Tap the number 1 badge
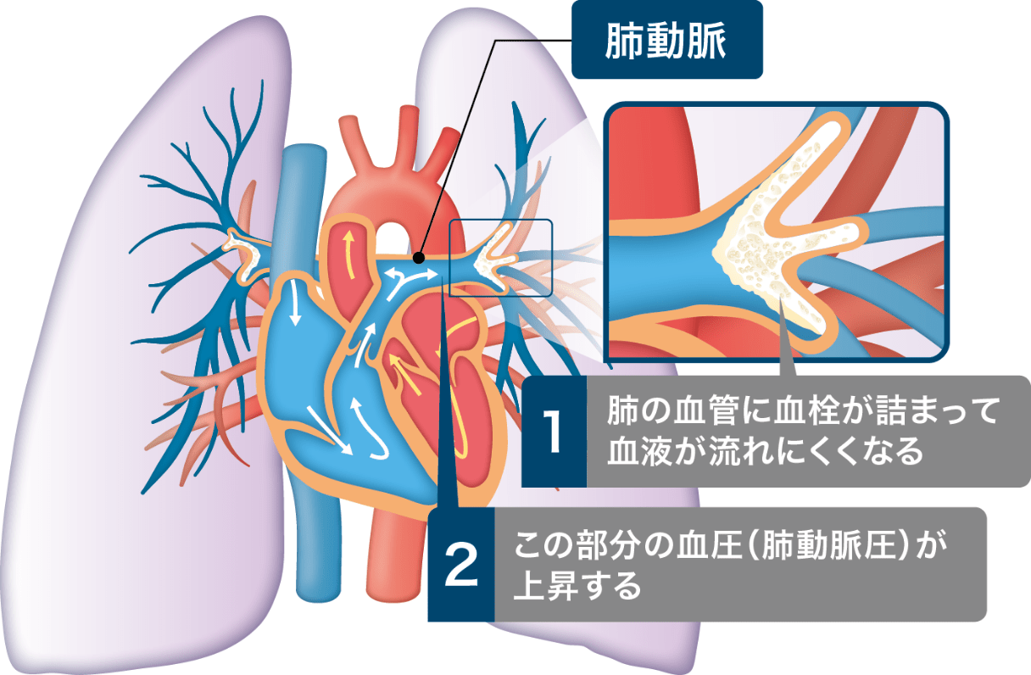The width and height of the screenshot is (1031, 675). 553,432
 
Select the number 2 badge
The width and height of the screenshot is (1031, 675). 461,565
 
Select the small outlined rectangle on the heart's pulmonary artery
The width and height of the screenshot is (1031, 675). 500,258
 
